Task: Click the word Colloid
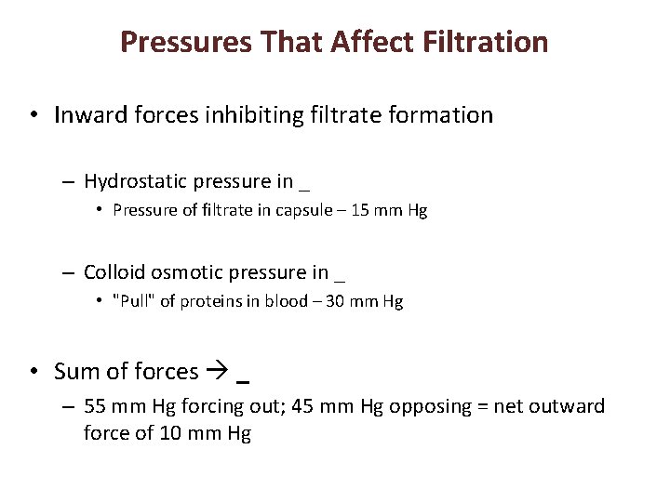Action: [x=114, y=272]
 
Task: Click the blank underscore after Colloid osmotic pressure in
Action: [x=340, y=277]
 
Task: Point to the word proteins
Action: [x=201, y=301]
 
